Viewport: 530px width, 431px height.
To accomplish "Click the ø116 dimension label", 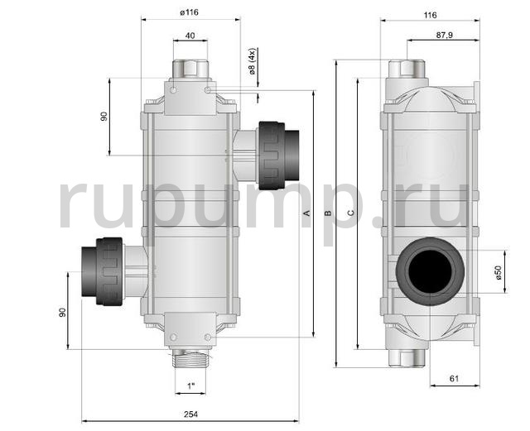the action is click(x=190, y=12).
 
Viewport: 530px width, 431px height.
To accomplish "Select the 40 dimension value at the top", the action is click(x=190, y=36).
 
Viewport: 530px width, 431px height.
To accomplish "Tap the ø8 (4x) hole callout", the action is click(x=252, y=61).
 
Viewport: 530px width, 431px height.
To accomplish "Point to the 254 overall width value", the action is click(x=190, y=414).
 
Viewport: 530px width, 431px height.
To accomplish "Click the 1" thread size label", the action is click(x=191, y=386).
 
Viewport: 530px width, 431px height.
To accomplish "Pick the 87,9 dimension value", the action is click(x=444, y=35).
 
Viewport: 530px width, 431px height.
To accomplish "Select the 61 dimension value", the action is click(x=455, y=379).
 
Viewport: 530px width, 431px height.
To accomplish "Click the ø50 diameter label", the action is click(x=499, y=272).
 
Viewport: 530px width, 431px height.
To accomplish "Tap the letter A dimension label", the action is click(x=307, y=213).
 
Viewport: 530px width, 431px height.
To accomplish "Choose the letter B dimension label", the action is click(x=327, y=213).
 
